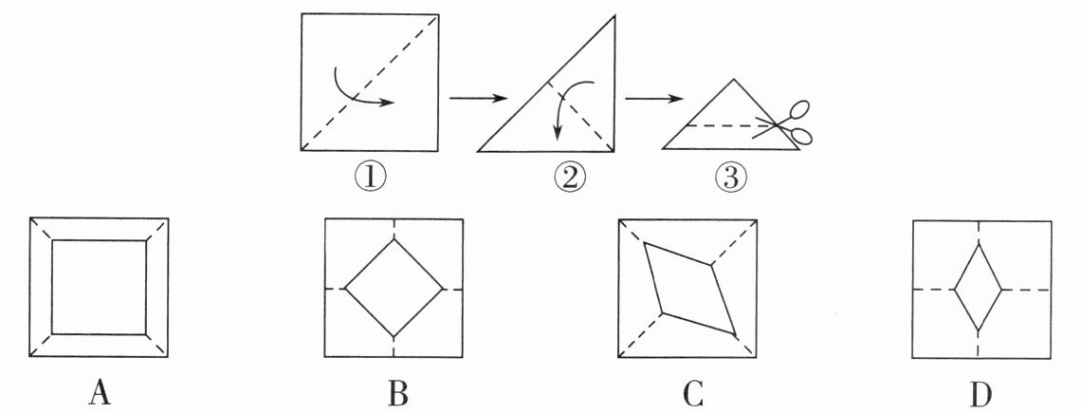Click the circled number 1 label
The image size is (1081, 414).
point(370,177)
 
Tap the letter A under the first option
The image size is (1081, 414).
point(100,391)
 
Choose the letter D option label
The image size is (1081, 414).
point(980,391)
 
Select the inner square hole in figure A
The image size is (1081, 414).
point(100,287)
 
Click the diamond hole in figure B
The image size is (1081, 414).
point(393,288)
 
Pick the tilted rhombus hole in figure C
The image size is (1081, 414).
point(689,288)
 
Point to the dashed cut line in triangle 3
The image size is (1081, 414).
point(721,124)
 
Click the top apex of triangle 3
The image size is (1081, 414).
point(731,80)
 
